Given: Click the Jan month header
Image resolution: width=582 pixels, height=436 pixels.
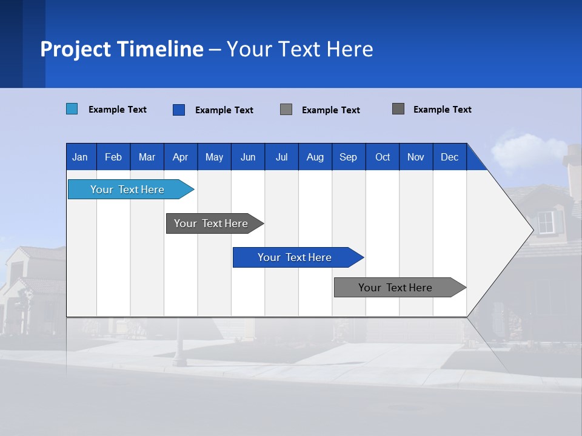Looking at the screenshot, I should [x=80, y=157].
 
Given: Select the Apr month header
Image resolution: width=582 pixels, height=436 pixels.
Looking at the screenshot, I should [x=180, y=157].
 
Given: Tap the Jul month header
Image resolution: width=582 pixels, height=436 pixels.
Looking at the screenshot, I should [x=281, y=157].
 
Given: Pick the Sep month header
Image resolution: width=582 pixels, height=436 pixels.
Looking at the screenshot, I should [x=348, y=157].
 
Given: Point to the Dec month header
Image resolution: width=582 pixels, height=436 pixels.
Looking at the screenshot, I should [x=449, y=157].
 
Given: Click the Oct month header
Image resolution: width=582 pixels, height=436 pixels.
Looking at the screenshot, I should [x=383, y=157].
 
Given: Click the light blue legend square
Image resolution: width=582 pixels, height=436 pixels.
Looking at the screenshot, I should [x=72, y=109].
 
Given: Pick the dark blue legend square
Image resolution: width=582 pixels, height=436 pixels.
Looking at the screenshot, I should [x=179, y=110].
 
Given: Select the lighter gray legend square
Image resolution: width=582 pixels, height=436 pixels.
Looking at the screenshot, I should [x=286, y=110].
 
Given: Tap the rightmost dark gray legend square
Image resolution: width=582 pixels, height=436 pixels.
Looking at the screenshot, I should [x=398, y=109].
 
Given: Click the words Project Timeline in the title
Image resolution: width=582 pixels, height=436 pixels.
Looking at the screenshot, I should [x=121, y=49].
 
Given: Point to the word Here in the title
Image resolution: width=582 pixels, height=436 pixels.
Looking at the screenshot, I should [x=350, y=49].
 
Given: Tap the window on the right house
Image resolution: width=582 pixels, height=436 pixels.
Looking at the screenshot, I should [x=546, y=222].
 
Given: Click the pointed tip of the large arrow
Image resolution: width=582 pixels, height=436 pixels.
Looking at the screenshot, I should [x=532, y=230].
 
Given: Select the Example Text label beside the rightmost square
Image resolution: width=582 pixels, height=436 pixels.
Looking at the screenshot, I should [x=442, y=110].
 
